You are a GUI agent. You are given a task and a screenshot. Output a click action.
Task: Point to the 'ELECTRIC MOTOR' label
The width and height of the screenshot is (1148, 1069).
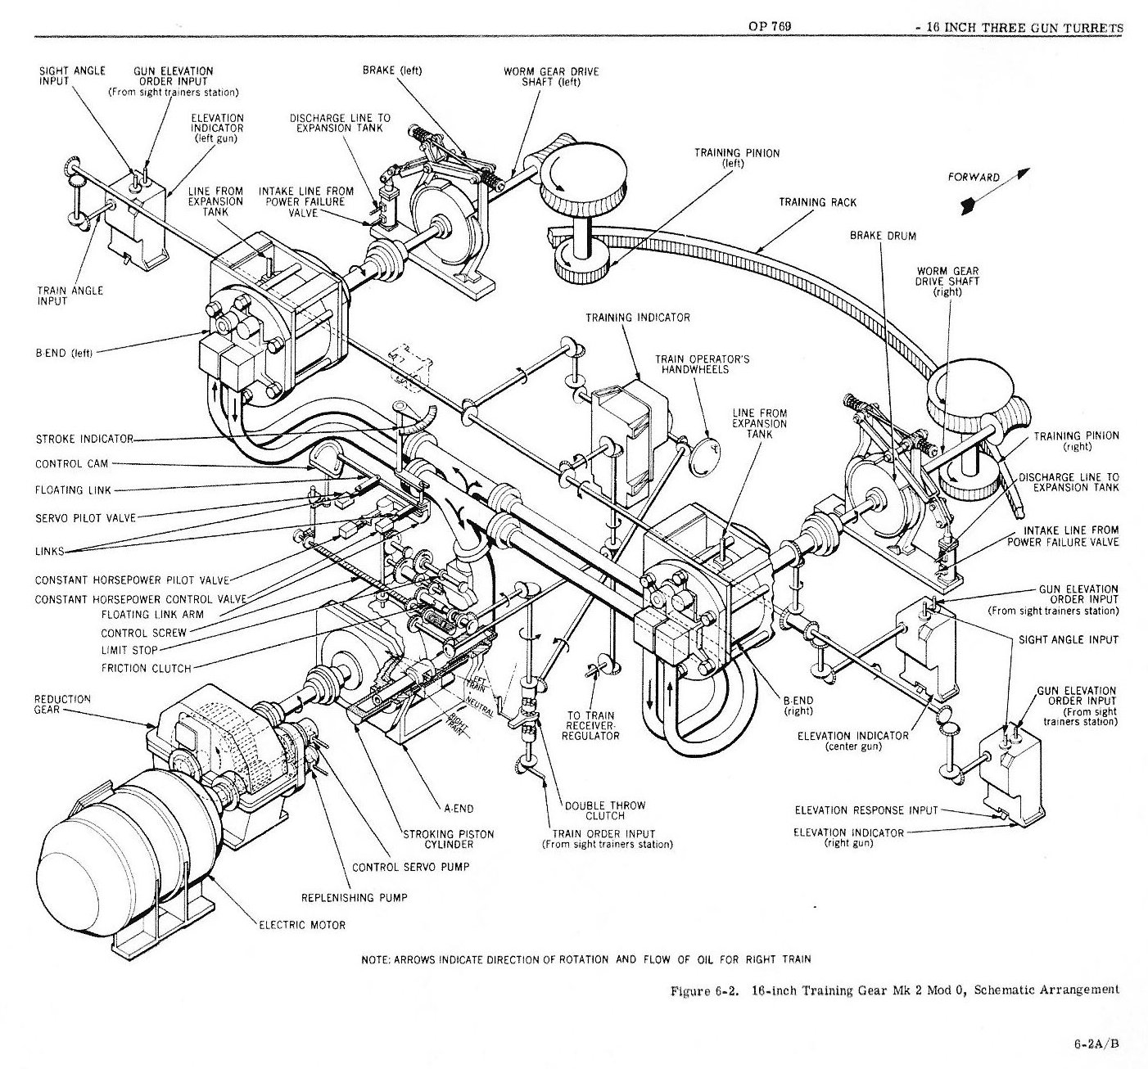pos(302,925)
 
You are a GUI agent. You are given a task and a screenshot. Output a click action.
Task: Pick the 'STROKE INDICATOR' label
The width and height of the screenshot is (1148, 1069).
pos(84,439)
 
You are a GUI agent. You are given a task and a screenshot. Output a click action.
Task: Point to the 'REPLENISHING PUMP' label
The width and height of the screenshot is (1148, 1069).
pos(354,897)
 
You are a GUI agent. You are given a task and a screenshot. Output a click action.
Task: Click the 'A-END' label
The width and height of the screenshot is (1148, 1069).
pos(459,809)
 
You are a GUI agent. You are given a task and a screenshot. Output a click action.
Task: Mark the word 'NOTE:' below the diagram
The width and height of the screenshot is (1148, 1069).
pos(377,959)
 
